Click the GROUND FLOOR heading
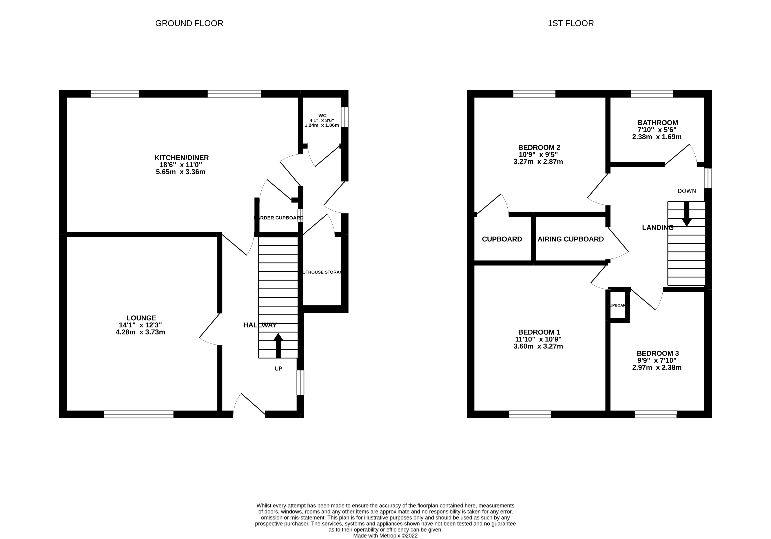[x=189, y=24]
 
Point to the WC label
[x=322, y=115]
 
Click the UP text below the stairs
[x=278, y=368]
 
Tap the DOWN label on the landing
[x=686, y=191]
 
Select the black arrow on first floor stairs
[x=686, y=213]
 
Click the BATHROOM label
[x=658, y=123]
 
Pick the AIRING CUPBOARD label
[x=570, y=239]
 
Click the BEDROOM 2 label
[x=539, y=147]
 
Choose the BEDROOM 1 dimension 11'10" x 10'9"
[x=538, y=339]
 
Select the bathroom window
[x=652, y=94]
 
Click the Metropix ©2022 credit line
[x=385, y=536]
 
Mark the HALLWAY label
[x=260, y=325]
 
